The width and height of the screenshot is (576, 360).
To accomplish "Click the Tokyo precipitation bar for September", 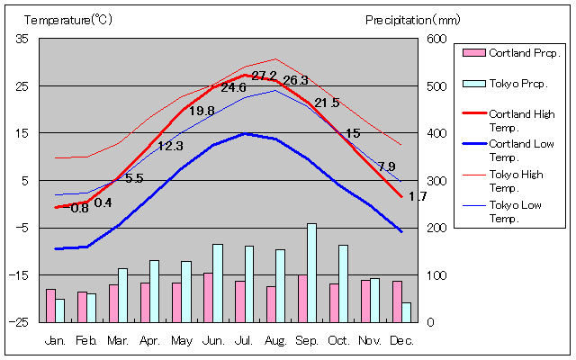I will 311,273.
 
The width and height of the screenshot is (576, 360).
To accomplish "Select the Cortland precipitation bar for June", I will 208,297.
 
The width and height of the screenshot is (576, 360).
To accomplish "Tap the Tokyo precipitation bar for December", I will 406,312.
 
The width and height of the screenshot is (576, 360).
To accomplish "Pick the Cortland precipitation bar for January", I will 50,305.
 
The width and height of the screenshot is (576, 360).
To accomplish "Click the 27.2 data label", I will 264,76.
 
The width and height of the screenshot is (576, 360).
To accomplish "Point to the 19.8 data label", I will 202,111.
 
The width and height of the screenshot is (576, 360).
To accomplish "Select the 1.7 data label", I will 418,196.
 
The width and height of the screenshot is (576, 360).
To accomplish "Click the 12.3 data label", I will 170,146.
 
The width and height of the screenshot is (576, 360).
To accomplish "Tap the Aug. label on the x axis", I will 275,341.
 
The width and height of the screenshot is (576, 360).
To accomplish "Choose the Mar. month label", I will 118,341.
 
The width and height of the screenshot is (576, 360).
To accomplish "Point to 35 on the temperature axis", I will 22,39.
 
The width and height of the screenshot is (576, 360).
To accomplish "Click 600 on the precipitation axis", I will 436,39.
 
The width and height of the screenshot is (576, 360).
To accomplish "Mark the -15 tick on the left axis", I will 21,274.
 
